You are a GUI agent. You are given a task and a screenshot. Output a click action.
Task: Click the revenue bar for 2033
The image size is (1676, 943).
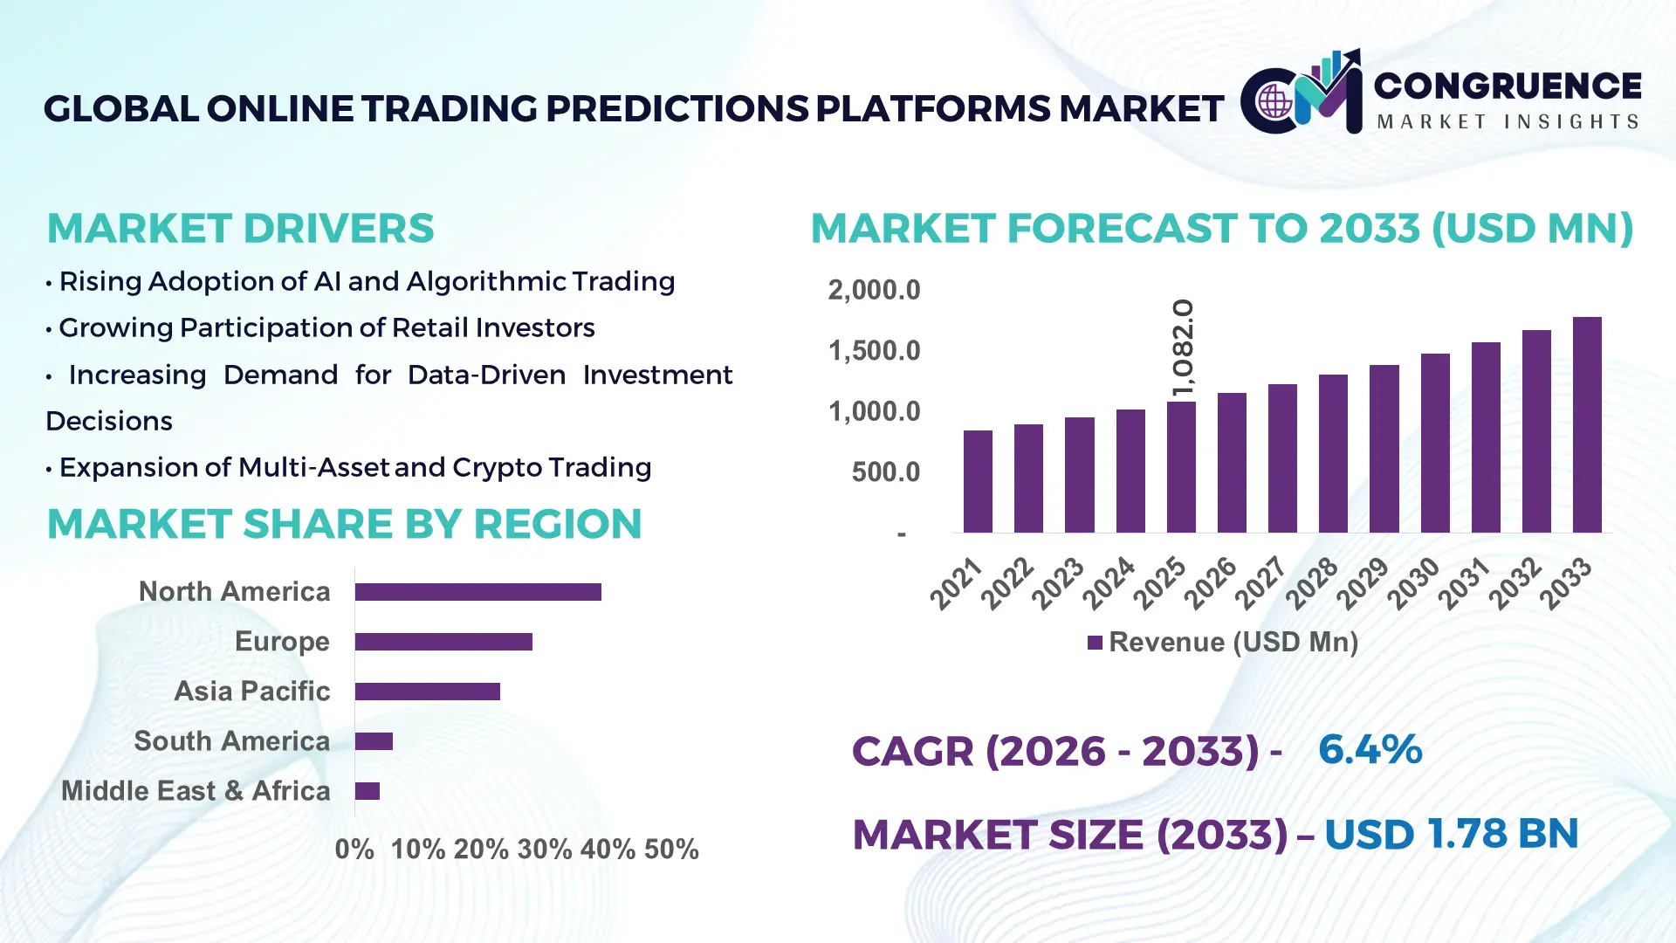[1587, 425]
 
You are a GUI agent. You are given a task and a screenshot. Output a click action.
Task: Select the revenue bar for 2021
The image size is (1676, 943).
[978, 482]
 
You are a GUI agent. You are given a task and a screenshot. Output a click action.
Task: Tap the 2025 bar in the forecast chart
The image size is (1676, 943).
[1181, 467]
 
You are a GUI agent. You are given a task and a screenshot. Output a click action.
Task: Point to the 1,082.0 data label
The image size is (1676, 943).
[1183, 348]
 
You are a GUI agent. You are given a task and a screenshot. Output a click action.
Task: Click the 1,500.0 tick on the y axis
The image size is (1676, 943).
[874, 351]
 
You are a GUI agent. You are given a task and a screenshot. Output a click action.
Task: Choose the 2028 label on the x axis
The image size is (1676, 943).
[1311, 582]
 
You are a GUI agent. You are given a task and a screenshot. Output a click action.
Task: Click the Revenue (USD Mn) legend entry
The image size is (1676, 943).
[1223, 643]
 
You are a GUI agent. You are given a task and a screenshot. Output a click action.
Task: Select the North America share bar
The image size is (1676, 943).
[477, 592]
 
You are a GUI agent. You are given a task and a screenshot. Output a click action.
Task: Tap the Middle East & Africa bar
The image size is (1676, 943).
[367, 791]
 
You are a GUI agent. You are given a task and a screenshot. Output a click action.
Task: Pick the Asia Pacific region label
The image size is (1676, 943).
[251, 692]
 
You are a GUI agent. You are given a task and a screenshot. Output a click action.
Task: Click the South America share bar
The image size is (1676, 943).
[374, 741]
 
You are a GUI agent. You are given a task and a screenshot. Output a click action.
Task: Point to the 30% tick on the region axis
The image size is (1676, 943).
[545, 850]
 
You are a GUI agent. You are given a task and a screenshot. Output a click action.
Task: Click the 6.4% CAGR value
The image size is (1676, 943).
[1370, 750]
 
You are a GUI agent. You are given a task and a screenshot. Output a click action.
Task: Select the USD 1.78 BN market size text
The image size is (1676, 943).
[1451, 834]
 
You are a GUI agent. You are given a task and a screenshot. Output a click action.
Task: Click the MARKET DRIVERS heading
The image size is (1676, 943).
[240, 229]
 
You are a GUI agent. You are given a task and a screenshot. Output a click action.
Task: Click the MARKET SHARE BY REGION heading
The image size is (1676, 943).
[344, 525]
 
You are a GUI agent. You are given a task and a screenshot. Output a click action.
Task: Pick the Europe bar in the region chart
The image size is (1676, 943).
[443, 642]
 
